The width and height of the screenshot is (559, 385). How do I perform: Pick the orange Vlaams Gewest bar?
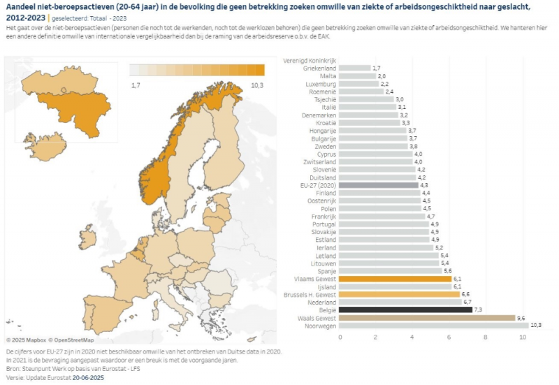pos(395,278)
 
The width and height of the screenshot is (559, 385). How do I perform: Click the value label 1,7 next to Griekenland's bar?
pos(377,68)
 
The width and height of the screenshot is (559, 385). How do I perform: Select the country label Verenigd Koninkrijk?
pos(310,60)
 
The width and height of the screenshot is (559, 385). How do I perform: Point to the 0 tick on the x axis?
pos(340,337)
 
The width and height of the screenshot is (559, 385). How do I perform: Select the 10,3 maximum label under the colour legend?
pos(256,85)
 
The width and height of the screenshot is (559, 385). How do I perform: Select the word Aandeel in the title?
pos(22,6)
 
